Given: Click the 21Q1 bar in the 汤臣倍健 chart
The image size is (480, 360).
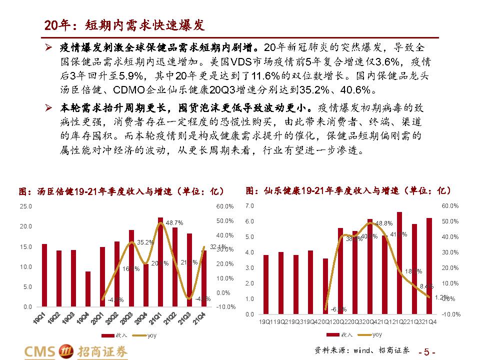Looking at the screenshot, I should (x=160, y=262).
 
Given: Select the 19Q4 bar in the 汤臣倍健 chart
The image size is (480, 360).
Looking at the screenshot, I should (x=88, y=289).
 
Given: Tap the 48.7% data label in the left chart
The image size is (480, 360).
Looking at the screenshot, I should (x=174, y=222).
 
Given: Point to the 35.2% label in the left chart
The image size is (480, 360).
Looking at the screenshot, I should (x=145, y=242).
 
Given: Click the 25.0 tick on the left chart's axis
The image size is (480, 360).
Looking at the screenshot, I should (x=25, y=206).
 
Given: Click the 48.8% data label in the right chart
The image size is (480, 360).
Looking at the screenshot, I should (x=384, y=223).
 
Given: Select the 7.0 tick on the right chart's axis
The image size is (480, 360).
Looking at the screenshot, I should (x=250, y=206).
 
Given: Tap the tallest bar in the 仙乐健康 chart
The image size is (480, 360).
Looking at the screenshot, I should (x=399, y=263).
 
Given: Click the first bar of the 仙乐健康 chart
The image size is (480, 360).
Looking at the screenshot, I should (x=266, y=284).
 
